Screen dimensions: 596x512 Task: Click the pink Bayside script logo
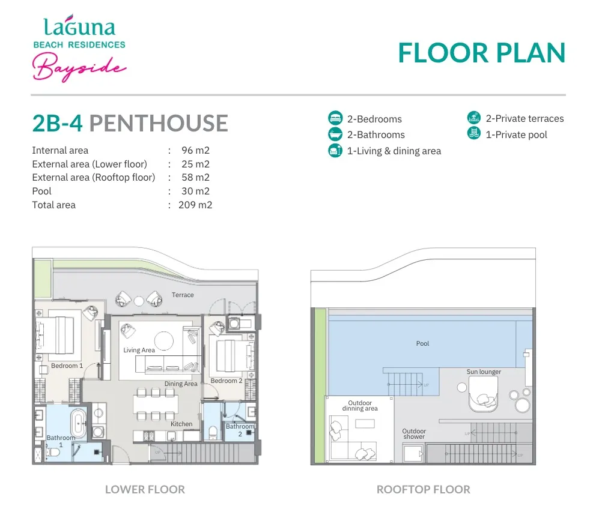click(x=79, y=67)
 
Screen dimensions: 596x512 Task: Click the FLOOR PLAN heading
click(x=482, y=53)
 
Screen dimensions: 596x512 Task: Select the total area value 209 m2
click(x=195, y=205)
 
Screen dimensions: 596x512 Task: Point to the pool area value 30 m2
click(x=195, y=191)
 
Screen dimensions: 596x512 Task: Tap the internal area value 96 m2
click(x=195, y=151)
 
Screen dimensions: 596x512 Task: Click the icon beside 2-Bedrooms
click(x=335, y=118)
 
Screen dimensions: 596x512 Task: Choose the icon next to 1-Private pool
click(x=473, y=133)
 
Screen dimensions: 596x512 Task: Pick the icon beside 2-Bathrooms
click(x=335, y=134)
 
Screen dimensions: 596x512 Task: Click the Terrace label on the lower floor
click(x=183, y=295)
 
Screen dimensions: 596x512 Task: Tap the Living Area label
click(x=139, y=350)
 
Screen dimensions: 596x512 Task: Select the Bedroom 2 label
click(x=227, y=381)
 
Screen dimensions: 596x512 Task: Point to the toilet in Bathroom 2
click(x=213, y=432)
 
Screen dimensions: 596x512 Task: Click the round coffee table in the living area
click(x=164, y=340)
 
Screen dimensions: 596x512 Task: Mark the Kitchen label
click(x=181, y=424)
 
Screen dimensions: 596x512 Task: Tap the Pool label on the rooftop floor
click(x=423, y=343)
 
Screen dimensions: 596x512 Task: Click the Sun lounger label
click(x=484, y=372)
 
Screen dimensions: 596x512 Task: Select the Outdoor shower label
click(x=414, y=434)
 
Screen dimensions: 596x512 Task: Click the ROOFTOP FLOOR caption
click(x=424, y=489)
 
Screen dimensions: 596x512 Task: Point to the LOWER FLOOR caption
click(x=145, y=489)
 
